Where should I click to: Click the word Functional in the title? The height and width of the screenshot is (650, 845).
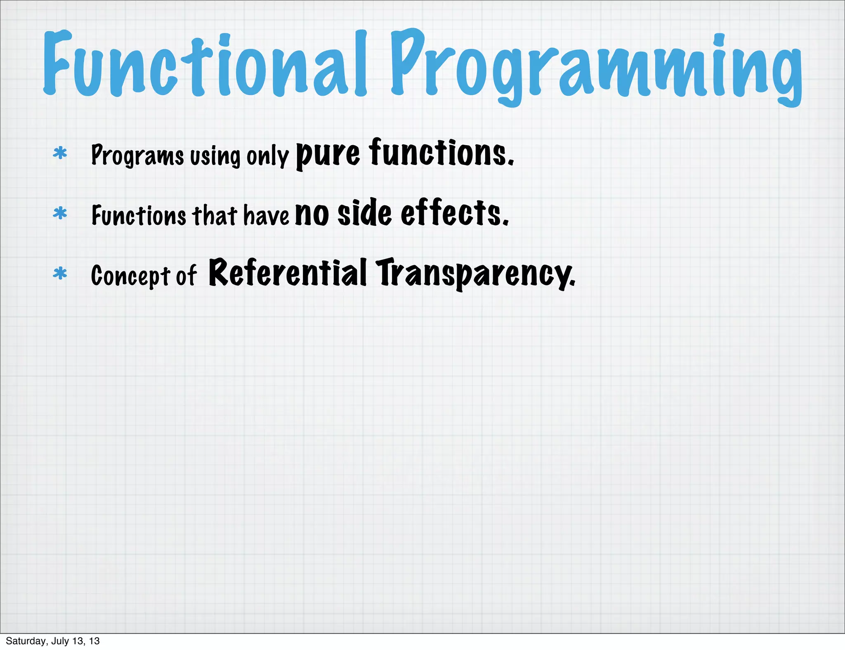[204, 64]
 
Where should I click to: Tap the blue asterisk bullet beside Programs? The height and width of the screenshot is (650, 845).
[60, 153]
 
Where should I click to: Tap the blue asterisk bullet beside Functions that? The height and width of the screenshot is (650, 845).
[60, 214]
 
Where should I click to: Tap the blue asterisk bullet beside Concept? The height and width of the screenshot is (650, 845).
[60, 274]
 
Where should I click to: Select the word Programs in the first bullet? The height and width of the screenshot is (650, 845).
[137, 155]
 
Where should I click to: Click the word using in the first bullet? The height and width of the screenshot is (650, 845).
[215, 156]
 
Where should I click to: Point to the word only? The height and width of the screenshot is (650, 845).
[267, 156]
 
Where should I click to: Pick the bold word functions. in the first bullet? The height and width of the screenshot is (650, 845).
[441, 153]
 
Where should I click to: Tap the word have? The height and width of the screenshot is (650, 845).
[266, 216]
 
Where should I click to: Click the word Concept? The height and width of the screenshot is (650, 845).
[130, 276]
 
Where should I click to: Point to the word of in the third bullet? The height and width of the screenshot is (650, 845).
[186, 276]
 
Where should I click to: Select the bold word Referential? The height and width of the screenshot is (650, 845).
[288, 273]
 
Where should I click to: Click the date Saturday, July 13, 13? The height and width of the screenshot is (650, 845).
[53, 641]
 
